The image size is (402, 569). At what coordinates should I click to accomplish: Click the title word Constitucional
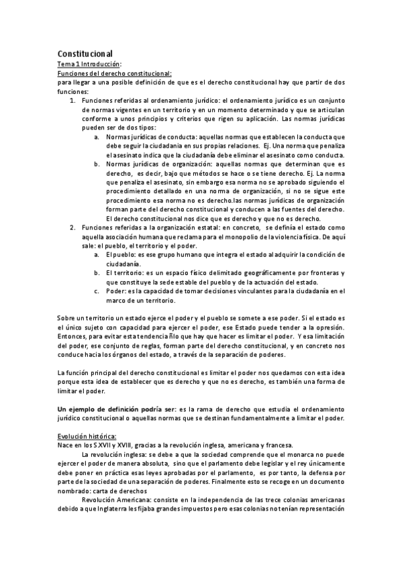click(85, 53)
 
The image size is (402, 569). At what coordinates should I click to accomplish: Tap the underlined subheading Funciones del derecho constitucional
click(115, 72)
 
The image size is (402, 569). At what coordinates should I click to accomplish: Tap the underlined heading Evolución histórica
click(87, 435)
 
